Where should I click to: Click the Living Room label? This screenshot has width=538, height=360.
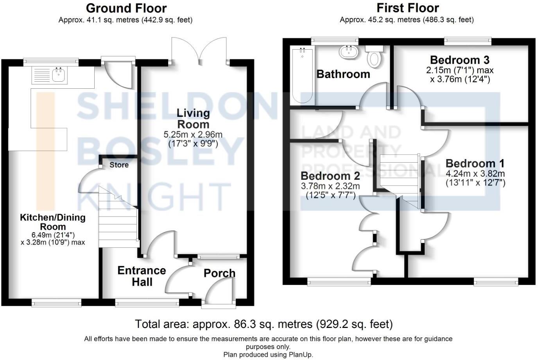[193, 119]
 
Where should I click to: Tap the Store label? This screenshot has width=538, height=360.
[119, 165]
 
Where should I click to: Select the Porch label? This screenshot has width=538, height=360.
[219, 273]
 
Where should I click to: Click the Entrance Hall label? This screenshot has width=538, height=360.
[142, 276]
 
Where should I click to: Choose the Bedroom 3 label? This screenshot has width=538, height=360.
[459, 60]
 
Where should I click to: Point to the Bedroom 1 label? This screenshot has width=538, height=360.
[475, 163]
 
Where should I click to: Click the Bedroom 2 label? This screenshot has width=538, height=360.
[330, 176]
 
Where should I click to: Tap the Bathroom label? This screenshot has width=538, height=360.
[343, 74]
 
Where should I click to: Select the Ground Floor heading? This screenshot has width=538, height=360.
[126, 8]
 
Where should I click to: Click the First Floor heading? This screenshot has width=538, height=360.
[407, 8]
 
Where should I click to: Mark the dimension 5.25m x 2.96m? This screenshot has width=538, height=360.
[193, 135]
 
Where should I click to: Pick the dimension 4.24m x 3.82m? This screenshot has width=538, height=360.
[475, 174]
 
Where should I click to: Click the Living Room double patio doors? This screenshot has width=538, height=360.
[199, 51]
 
